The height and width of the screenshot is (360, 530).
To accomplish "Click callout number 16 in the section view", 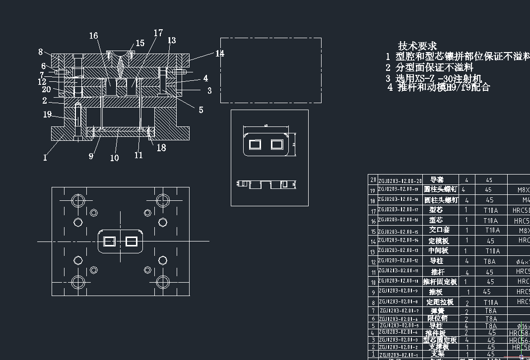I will pyautogui.click(x=93, y=35).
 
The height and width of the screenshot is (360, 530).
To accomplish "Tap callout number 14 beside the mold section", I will pyautogui.click(x=220, y=54).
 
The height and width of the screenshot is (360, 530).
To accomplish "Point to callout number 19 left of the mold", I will pyautogui.click(x=47, y=115).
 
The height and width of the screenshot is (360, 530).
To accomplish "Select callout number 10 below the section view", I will pyautogui.click(x=114, y=158).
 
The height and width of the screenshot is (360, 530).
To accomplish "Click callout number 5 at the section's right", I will pyautogui.click(x=201, y=110).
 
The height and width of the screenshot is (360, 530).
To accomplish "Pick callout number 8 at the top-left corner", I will pyautogui.click(x=41, y=52).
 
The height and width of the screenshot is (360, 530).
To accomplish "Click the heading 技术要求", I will pyautogui.click(x=417, y=46).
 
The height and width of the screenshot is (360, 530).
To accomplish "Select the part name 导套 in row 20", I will pyautogui.click(x=437, y=180).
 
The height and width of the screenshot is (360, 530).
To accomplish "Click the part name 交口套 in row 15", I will pyautogui.click(x=437, y=230).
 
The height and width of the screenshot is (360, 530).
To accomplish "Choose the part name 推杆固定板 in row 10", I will pyautogui.click(x=440, y=282).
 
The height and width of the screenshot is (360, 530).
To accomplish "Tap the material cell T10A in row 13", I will pyautogui.click(x=492, y=251).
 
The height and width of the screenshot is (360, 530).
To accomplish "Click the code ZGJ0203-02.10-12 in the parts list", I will pyautogui.click(x=398, y=261).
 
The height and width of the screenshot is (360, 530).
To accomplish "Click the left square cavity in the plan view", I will pyautogui.click(x=109, y=241).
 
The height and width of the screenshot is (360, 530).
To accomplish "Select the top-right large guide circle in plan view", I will pyautogui.click(x=163, y=200).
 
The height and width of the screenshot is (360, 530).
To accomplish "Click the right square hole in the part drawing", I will pyautogui.click(x=276, y=145).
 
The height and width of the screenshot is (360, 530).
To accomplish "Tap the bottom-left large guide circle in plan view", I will pyautogui.click(x=78, y=282).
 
